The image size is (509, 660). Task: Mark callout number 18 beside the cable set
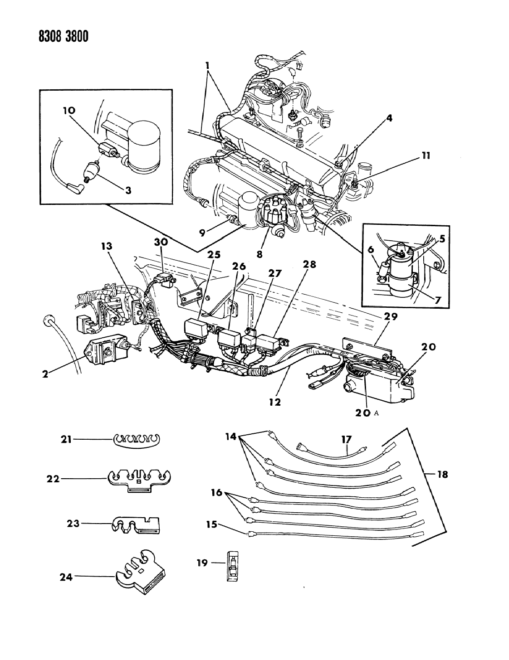click(442, 475)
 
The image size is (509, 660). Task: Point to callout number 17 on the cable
click(347, 439)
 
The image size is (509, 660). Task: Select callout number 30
click(161, 243)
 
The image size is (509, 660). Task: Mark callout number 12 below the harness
click(275, 401)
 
